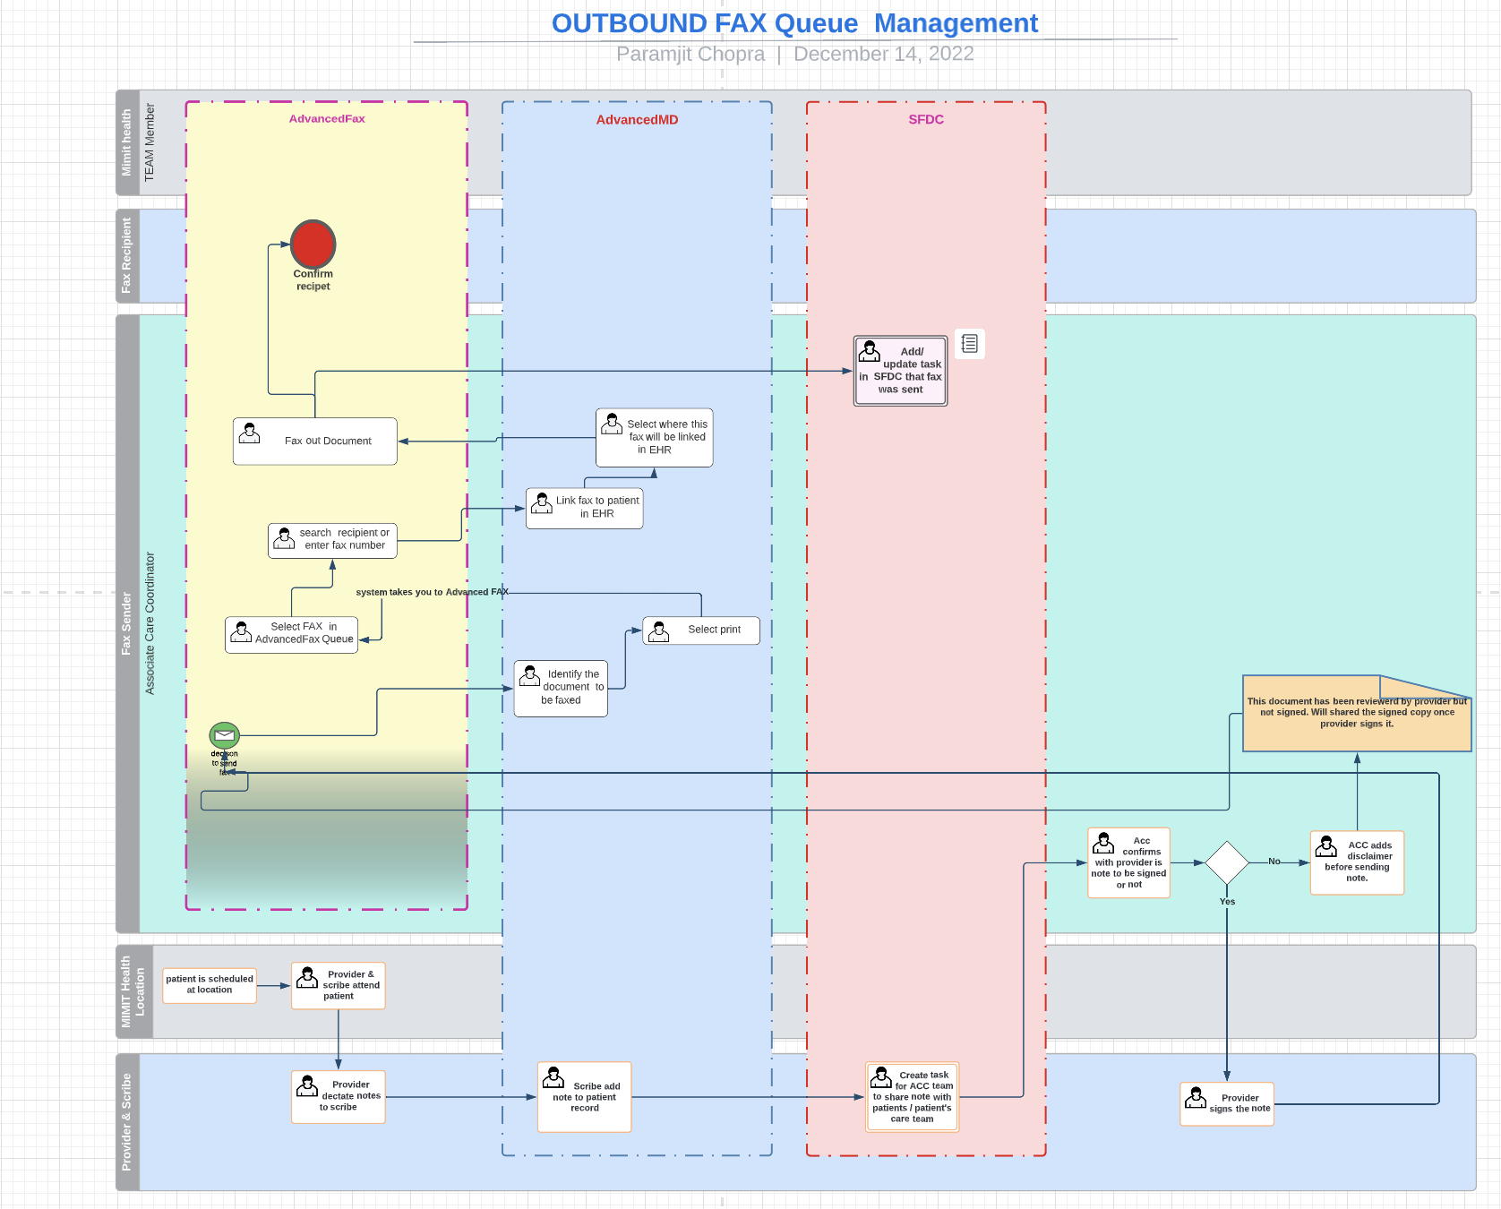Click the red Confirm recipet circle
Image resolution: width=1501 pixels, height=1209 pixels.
[x=313, y=244]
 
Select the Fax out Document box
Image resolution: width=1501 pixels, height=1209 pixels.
[x=314, y=441]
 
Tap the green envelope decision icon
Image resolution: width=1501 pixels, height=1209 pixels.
[x=224, y=735]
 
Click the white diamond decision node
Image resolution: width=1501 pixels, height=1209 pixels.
[x=1226, y=862]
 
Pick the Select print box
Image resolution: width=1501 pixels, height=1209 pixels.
[x=701, y=630]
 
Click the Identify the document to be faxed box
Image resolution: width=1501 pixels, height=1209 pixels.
[x=561, y=688]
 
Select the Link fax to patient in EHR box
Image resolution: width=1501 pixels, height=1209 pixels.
[x=584, y=508]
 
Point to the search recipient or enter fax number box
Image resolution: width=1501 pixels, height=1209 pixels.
[x=332, y=539]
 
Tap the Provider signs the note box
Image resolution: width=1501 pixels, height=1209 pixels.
[x=1226, y=1103]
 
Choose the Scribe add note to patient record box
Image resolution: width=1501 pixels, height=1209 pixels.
[x=584, y=1097]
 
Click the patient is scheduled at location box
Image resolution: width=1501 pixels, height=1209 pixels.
[x=210, y=984]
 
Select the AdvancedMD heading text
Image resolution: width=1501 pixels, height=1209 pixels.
[x=637, y=120]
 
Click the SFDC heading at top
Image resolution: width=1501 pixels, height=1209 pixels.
[x=925, y=119]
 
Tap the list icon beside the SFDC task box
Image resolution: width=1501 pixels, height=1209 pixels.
[x=969, y=344]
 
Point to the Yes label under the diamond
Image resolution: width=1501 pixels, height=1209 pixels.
[x=1226, y=902]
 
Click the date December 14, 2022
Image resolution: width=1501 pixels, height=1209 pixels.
[x=883, y=54]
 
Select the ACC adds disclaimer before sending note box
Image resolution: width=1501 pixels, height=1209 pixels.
[x=1356, y=862]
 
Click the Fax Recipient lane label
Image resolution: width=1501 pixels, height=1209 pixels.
[x=126, y=256]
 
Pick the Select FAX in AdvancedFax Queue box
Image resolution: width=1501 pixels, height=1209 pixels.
[x=291, y=633]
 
